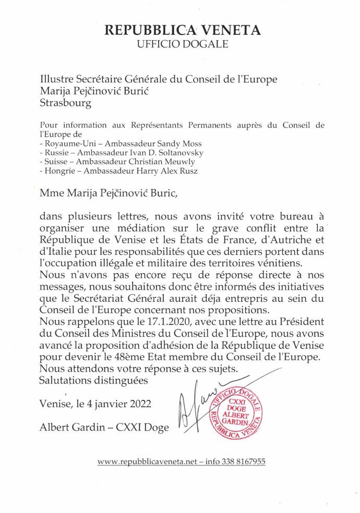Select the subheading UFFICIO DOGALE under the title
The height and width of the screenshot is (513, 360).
point(182,44)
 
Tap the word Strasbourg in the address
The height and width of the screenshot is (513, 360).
point(65,103)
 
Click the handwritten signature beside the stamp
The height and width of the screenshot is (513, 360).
point(190,409)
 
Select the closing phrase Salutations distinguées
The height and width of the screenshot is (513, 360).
point(94,380)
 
